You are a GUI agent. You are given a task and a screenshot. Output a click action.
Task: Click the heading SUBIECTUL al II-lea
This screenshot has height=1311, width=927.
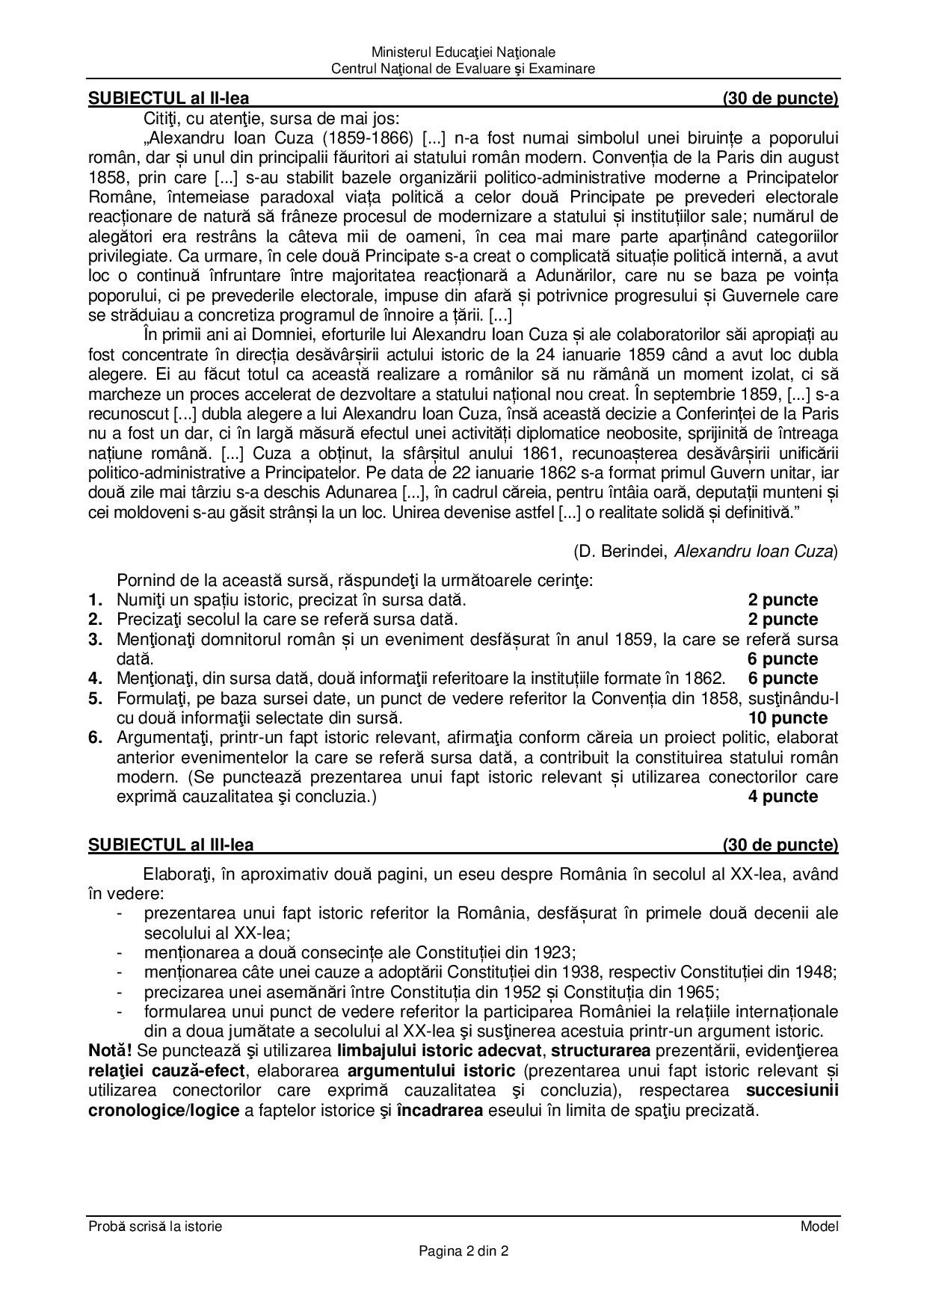pyautogui.click(x=169, y=98)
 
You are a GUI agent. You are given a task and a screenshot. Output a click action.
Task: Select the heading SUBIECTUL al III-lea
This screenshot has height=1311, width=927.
pyautogui.click(x=171, y=845)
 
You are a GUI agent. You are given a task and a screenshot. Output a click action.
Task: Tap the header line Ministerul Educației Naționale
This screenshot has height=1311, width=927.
pyautogui.click(x=463, y=52)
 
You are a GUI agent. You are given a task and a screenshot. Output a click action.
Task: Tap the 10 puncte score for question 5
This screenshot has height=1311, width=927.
pyautogui.click(x=787, y=718)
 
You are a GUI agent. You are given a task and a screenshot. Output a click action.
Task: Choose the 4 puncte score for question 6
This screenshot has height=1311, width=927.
pyautogui.click(x=783, y=797)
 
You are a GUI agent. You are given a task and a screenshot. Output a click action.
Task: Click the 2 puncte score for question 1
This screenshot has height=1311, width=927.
pyautogui.click(x=783, y=600)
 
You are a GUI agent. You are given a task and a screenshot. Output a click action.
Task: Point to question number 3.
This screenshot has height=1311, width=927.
pyautogui.click(x=95, y=640)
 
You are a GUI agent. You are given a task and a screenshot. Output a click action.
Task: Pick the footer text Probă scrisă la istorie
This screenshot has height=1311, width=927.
pyautogui.click(x=155, y=1227)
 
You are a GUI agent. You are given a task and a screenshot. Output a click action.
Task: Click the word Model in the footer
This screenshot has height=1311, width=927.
pyautogui.click(x=819, y=1227)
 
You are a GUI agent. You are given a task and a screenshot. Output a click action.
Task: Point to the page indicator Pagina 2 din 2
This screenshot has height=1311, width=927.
pyautogui.click(x=463, y=1251)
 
